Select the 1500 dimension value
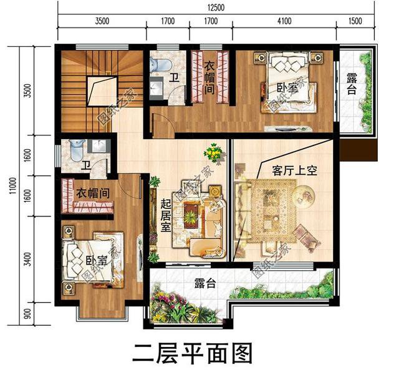(x=355, y=21)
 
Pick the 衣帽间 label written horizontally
(x=94, y=193)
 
